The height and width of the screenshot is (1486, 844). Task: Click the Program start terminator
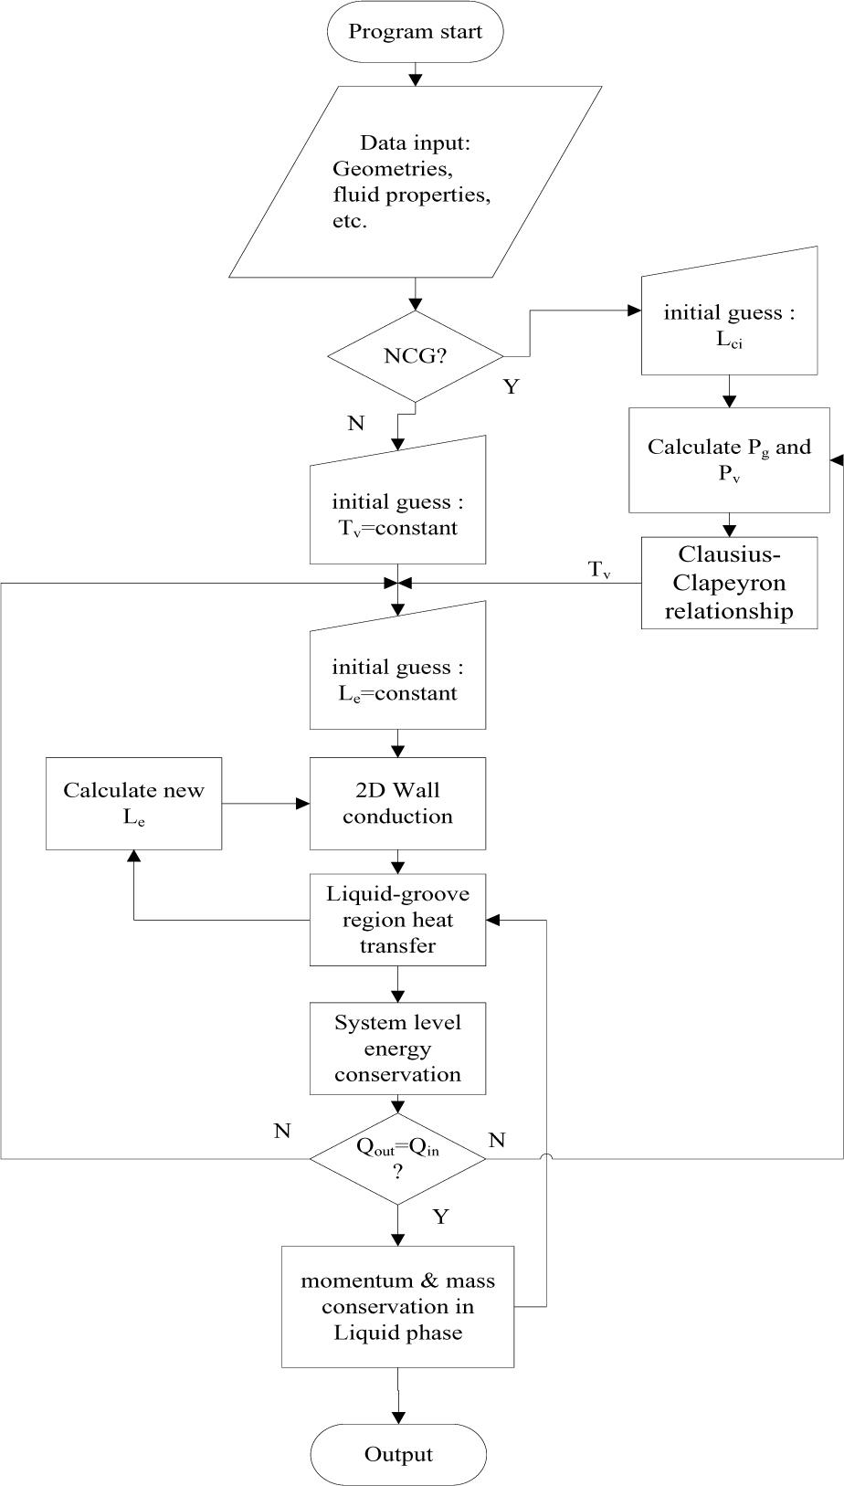pos(415,32)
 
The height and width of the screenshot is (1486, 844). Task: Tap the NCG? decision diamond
pos(415,355)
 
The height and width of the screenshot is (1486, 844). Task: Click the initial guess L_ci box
pos(729,324)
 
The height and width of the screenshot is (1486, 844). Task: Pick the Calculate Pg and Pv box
pos(729,459)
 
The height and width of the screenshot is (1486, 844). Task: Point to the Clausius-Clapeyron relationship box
pos(729,583)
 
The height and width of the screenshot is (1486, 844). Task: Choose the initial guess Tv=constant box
pos(397,513)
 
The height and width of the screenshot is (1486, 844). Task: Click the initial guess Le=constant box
pos(397,679)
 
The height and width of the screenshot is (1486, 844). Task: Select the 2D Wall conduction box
pos(397,803)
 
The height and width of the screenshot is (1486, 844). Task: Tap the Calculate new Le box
pos(134,803)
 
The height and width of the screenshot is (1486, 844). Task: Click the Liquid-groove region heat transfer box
pos(397,920)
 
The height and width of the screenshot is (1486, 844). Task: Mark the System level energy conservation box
pos(397,1049)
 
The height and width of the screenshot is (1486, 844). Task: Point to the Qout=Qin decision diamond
pos(397,1158)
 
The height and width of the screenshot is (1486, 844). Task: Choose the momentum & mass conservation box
pos(397,1306)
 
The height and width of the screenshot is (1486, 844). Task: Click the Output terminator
pos(398,1454)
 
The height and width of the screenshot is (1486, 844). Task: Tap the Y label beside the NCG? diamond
pos(511,387)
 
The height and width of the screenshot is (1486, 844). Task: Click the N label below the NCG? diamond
pos(355,424)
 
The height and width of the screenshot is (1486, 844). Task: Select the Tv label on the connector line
pos(599,571)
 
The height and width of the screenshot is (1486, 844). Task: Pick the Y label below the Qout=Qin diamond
pos(440,1217)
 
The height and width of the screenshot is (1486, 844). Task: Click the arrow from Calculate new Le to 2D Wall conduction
pos(265,804)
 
